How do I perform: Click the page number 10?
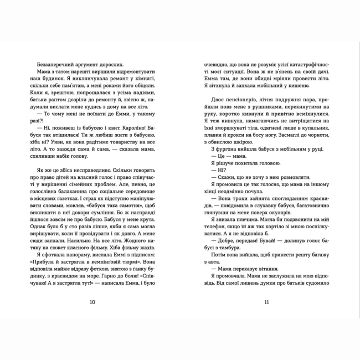tap(92, 302)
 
